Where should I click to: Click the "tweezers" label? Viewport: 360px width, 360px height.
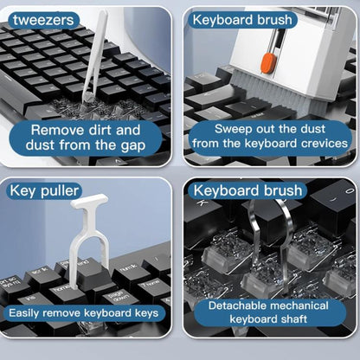[43, 20]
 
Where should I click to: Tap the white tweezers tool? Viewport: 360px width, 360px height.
[94, 58]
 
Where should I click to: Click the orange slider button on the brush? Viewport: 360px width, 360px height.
[268, 63]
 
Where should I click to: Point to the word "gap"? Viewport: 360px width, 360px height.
[133, 145]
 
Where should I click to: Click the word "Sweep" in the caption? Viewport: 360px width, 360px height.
[229, 129]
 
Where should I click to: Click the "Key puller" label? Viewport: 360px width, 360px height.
[44, 190]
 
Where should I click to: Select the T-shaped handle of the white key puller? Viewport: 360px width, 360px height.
[89, 201]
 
